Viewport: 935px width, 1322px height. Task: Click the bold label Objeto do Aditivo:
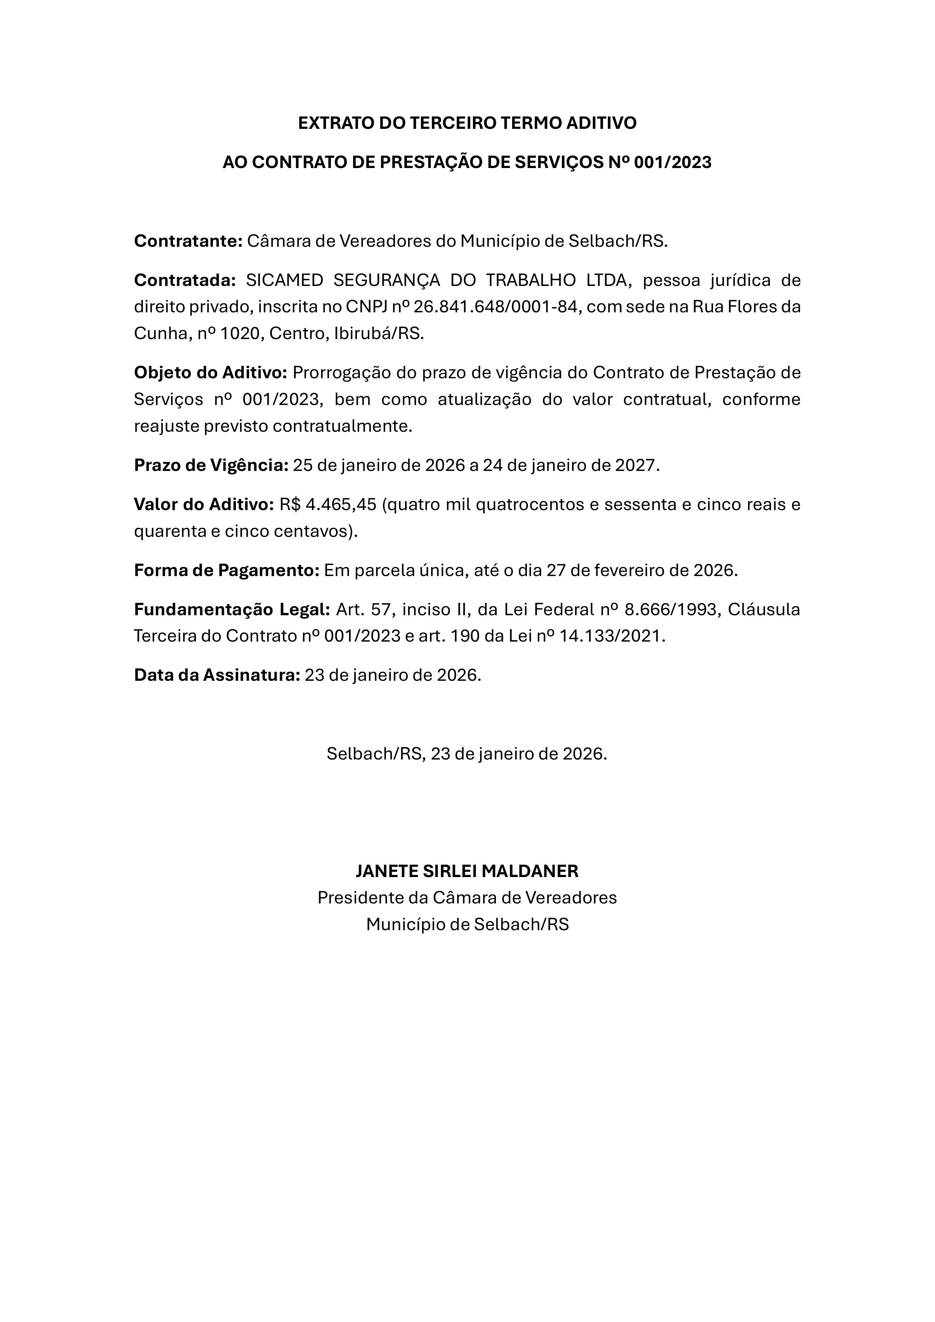point(210,373)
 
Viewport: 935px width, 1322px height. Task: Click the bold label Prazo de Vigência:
point(211,465)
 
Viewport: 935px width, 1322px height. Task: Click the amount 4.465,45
point(341,504)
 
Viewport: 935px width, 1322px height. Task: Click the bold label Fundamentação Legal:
point(232,610)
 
